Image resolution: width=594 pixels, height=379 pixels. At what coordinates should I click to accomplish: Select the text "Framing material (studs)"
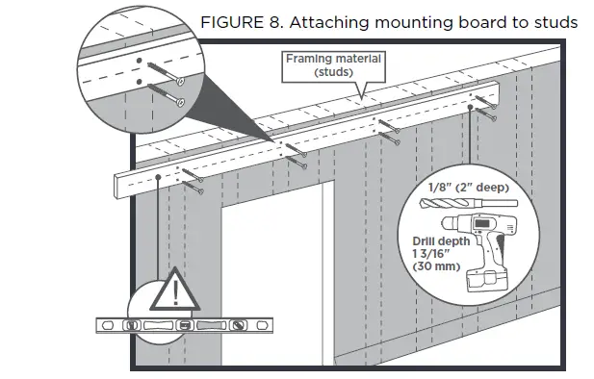coord(333,65)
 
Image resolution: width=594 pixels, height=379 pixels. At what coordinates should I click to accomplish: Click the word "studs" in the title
coord(553,21)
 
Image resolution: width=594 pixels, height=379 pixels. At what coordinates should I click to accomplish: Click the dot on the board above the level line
coord(158,179)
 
